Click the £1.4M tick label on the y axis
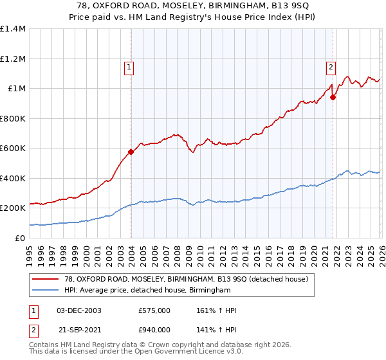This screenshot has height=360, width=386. [13, 29]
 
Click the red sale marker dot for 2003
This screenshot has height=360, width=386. [131, 152]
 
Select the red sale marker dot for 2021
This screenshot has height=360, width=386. [333, 98]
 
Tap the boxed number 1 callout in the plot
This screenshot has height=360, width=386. [129, 66]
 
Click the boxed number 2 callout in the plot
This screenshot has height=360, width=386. [331, 66]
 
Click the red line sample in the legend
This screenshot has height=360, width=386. [46, 279]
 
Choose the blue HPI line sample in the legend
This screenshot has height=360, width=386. [46, 291]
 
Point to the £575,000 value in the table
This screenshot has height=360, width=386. [154, 310]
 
